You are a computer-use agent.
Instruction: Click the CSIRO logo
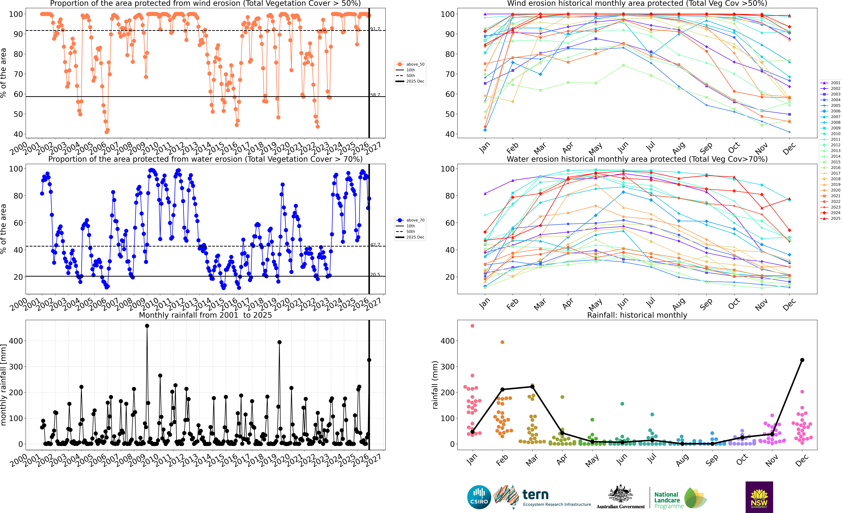[x=479, y=497]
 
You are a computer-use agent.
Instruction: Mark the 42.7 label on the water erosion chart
[x=375, y=244]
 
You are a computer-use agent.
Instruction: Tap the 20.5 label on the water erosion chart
[x=375, y=274]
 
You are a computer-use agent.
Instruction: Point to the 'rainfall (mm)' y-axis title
[x=435, y=385]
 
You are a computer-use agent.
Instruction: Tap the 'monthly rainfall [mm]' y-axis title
[x=3, y=385]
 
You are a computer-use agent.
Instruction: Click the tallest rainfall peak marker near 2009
[x=147, y=326]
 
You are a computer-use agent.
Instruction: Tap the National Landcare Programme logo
[x=680, y=499]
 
